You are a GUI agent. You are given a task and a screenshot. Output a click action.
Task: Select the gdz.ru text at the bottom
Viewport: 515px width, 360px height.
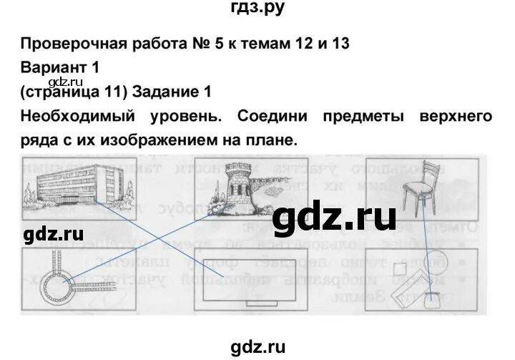coord(257,346)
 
